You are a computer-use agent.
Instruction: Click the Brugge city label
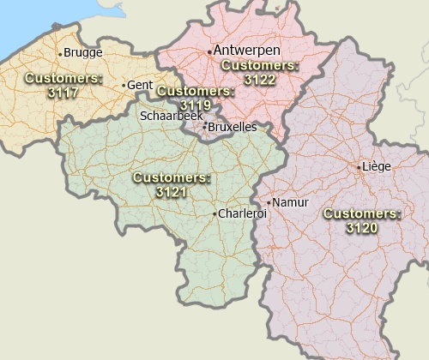coord(83,52)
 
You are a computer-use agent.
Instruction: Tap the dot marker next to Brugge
coord(60,53)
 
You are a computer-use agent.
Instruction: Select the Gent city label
coord(140,85)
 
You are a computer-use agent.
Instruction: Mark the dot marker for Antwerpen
coord(209,51)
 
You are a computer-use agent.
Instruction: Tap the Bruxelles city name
coord(233,127)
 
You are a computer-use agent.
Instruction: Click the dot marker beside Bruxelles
coord(204,127)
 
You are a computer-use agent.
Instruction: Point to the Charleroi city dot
coord(215,213)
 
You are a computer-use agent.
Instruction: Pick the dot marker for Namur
coord(269,203)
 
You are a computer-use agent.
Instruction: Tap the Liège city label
coord(378,166)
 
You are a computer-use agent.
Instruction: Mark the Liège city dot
coord(359,167)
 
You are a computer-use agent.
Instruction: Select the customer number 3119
coord(196,105)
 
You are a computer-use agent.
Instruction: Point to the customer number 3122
coord(259,79)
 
